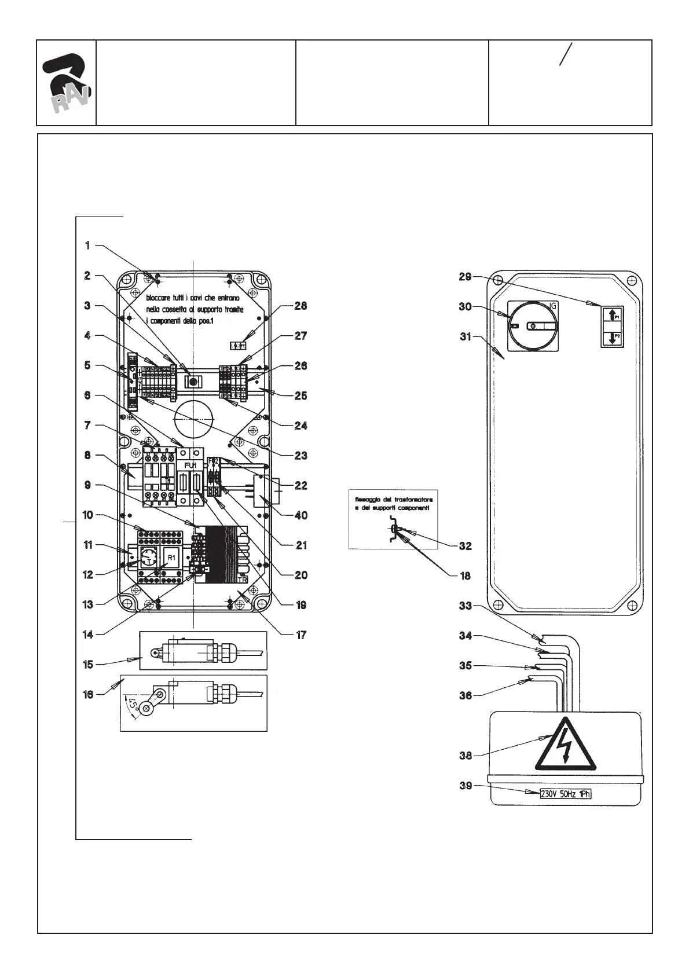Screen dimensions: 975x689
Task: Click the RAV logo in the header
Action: (66, 83)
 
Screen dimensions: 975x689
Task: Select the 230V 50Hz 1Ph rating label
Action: (565, 794)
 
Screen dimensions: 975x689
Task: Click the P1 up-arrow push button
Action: (613, 316)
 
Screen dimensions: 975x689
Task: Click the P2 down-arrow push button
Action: (613, 338)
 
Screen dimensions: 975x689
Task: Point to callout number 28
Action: (300, 306)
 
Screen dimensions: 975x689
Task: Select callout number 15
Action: (88, 665)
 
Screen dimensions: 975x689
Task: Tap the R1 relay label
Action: (171, 557)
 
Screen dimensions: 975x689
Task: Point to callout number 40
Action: (300, 515)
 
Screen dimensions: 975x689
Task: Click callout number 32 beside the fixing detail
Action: (464, 545)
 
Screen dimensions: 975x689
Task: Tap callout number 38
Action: (466, 755)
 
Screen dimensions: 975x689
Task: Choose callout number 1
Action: (88, 245)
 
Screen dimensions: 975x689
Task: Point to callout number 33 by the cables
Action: (466, 606)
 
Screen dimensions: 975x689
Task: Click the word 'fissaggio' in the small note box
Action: (367, 499)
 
